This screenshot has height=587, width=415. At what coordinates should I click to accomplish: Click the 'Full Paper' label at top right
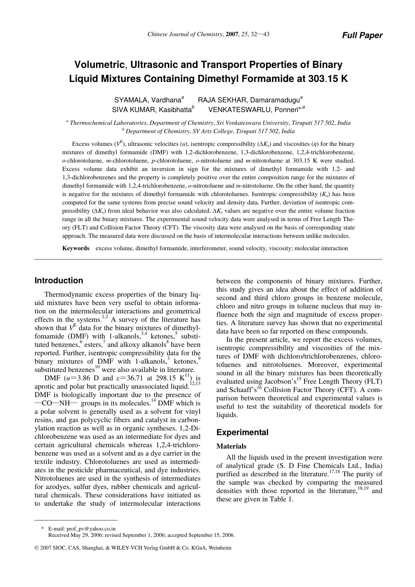pos(362,35)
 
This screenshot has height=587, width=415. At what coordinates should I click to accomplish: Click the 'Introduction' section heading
pos(59,281)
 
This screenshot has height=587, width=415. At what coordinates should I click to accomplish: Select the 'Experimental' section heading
pos(242,432)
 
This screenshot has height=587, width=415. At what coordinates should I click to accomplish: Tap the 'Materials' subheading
pos(231,446)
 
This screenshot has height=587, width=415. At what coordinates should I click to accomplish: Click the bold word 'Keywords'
pos(76,248)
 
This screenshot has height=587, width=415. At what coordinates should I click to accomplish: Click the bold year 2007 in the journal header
pos(232,34)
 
